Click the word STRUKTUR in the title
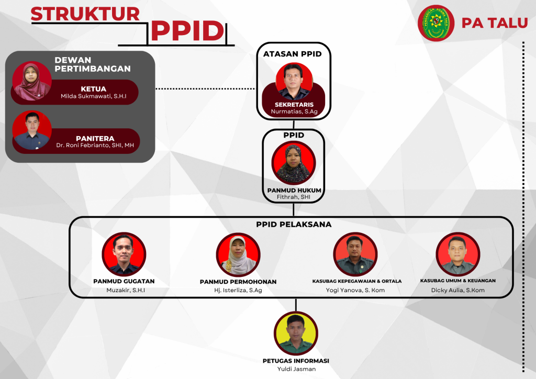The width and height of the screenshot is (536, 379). [x=85, y=14]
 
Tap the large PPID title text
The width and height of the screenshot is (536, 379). [x=188, y=31]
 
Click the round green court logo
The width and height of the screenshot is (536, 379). [x=436, y=23]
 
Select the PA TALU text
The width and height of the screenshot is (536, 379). [x=494, y=23]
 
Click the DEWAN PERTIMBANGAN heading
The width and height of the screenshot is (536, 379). [x=92, y=64]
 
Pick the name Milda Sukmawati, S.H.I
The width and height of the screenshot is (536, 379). [x=93, y=96]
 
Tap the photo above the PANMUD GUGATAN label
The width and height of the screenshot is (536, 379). [x=124, y=254]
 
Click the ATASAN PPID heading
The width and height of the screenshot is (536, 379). [x=292, y=53]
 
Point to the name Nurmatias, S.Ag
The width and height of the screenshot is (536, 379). [x=294, y=112]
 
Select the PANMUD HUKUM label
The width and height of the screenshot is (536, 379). [x=294, y=191]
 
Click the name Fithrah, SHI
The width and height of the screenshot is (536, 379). [x=293, y=197]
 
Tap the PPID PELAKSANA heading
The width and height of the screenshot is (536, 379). [x=294, y=225]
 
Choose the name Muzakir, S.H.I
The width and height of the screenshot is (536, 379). [x=126, y=290]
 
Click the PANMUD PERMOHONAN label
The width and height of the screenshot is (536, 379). [x=238, y=282]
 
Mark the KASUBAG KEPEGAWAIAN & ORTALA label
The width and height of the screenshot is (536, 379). [x=356, y=281]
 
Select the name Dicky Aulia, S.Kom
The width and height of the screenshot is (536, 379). [x=457, y=290]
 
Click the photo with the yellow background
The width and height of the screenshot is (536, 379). [x=296, y=333]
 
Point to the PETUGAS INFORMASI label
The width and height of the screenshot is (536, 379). [x=296, y=361]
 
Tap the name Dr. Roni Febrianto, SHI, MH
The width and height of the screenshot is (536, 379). [x=95, y=145]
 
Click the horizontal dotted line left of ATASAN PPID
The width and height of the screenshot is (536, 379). [x=205, y=89]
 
